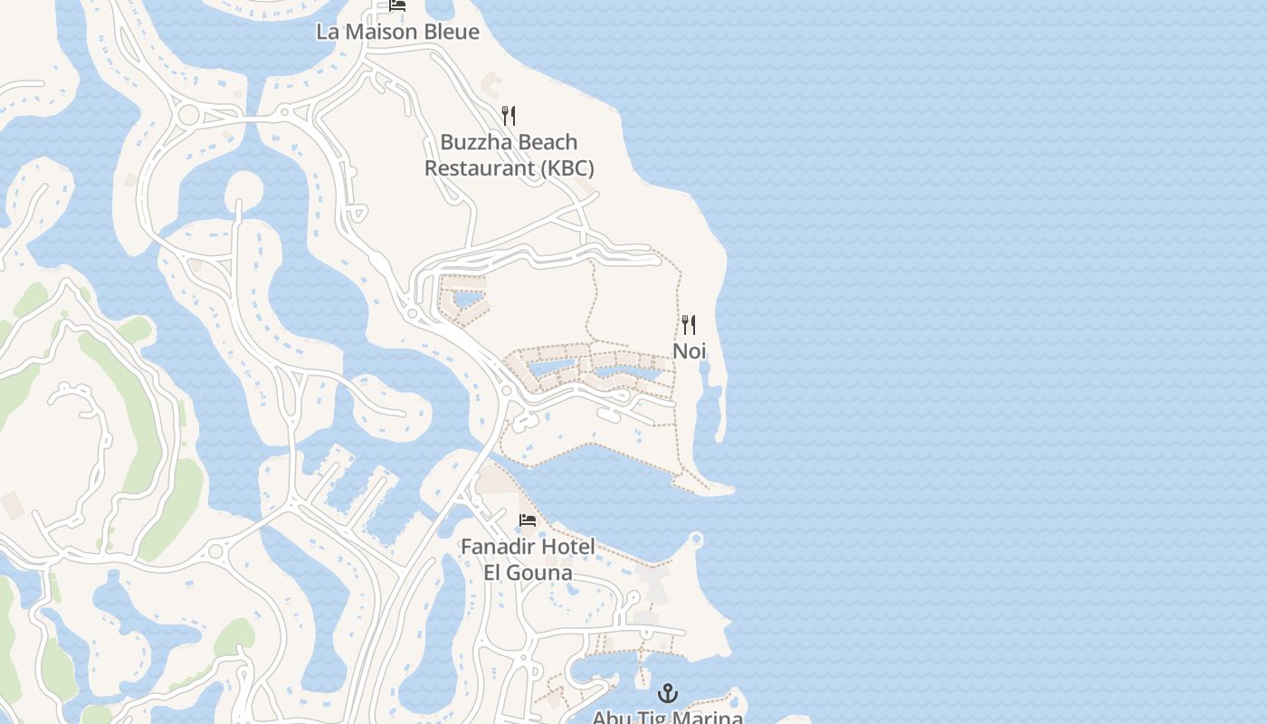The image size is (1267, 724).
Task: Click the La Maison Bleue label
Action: point(397,32)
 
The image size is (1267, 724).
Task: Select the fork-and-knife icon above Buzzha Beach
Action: point(509,116)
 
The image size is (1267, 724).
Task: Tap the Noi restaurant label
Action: point(689,351)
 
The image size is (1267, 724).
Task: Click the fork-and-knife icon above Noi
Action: point(689,325)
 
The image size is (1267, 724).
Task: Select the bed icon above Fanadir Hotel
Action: point(528,520)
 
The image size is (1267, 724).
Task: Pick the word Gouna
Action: point(540,573)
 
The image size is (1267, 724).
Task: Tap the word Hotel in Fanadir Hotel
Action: point(568,548)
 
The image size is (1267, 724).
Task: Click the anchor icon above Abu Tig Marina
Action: point(668,694)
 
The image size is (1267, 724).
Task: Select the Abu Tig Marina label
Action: point(668,718)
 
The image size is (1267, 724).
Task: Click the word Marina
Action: point(710,718)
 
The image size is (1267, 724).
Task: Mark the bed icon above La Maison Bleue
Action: point(397,5)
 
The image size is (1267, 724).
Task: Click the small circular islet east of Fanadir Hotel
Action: point(696,539)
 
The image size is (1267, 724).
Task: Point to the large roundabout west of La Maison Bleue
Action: point(188,115)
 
